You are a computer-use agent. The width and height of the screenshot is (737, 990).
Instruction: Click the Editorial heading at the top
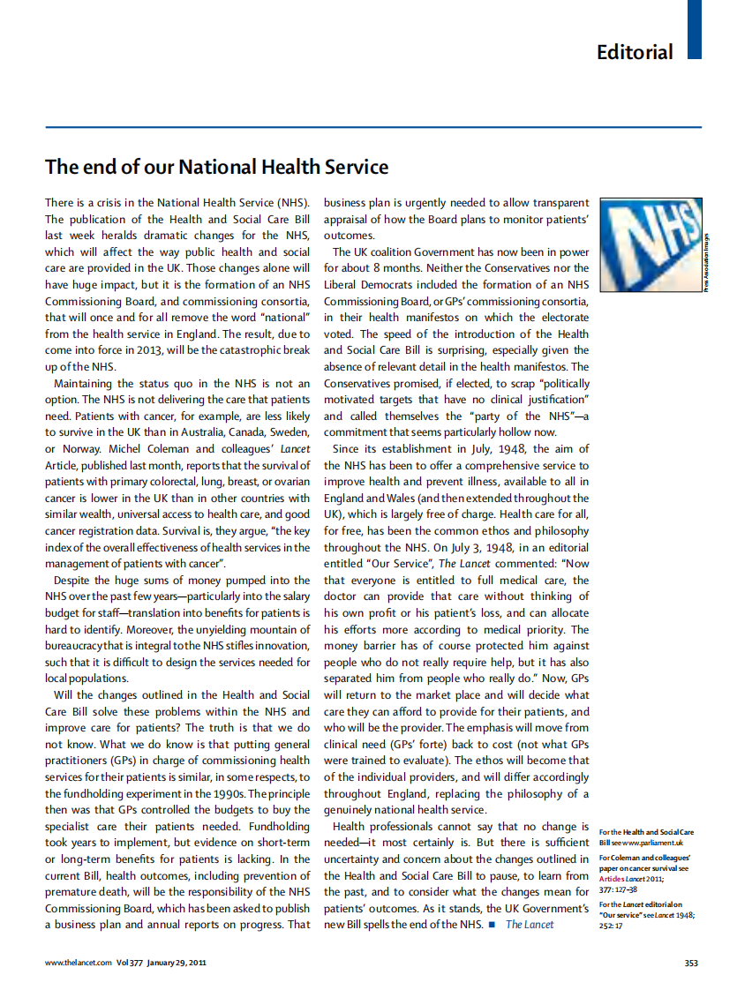point(634,52)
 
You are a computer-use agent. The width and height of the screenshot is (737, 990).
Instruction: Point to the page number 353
point(692,963)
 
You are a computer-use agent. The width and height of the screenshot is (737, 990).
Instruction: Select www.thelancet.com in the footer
point(79,963)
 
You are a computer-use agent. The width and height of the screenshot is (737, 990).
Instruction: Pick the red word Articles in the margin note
point(613,879)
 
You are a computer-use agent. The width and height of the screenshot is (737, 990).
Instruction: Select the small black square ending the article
point(491,924)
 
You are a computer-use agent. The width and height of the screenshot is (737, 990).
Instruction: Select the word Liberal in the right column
point(341,285)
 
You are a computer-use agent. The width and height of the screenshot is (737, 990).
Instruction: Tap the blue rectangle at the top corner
point(695,29)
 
